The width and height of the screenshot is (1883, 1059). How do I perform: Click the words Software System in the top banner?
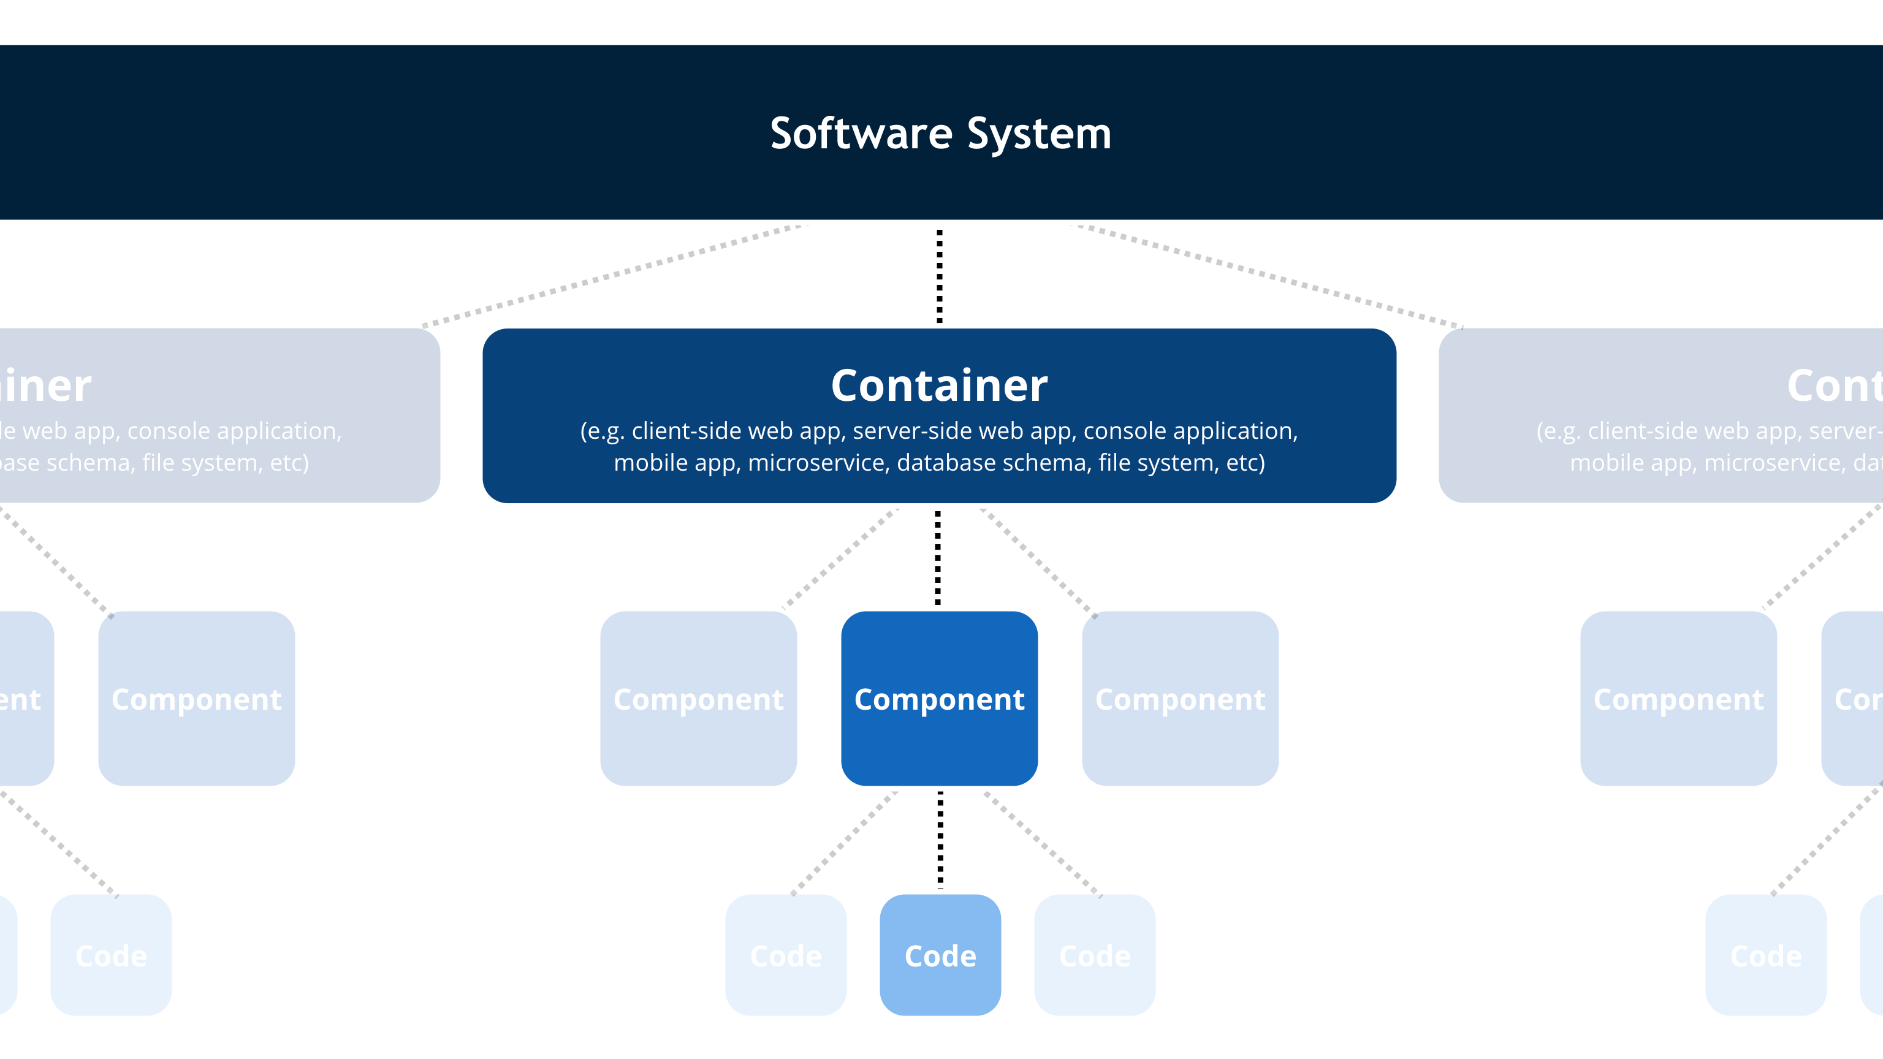click(941, 134)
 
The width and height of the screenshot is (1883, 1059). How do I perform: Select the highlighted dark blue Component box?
click(939, 699)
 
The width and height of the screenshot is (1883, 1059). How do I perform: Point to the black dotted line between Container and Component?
click(938, 558)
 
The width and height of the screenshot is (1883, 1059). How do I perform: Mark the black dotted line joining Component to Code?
click(940, 840)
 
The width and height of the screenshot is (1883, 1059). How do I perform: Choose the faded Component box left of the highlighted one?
click(698, 699)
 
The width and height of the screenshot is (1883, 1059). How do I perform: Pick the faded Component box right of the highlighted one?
click(1180, 699)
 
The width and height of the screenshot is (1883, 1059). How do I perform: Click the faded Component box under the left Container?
click(196, 699)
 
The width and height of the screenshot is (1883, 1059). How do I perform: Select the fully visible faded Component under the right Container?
click(1678, 699)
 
